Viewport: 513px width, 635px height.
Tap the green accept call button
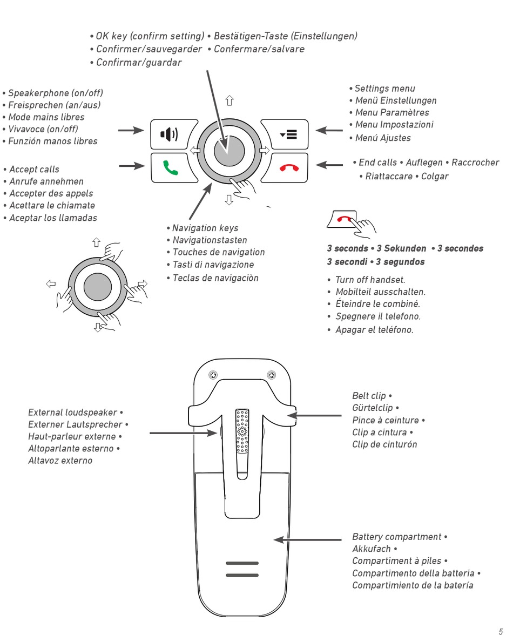coord(170,166)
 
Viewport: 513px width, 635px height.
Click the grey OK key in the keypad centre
coord(229,152)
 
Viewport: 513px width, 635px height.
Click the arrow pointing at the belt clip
coord(314,415)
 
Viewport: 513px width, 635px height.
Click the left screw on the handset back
coord(214,375)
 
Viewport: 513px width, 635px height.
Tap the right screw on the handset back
coord(272,375)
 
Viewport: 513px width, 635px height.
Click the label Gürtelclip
coord(374,408)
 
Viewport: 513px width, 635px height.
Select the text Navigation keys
coord(205,228)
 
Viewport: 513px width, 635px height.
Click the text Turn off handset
coord(370,280)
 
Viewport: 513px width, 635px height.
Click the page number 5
coord(500,630)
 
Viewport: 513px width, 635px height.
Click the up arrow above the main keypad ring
coord(230,100)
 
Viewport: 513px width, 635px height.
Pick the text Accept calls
coord(34,170)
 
